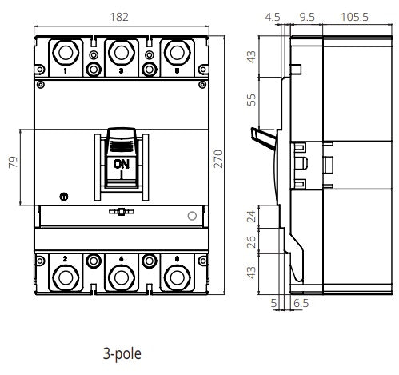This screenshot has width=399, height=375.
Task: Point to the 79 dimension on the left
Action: click(11, 165)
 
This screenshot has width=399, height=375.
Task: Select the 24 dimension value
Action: click(253, 217)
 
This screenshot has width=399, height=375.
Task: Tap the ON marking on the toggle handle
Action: click(121, 164)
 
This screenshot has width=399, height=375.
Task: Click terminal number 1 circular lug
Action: click(65, 53)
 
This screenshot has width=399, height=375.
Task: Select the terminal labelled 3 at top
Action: click(121, 53)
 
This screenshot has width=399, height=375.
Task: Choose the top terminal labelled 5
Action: click(176, 53)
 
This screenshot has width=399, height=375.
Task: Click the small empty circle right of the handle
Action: click(191, 216)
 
